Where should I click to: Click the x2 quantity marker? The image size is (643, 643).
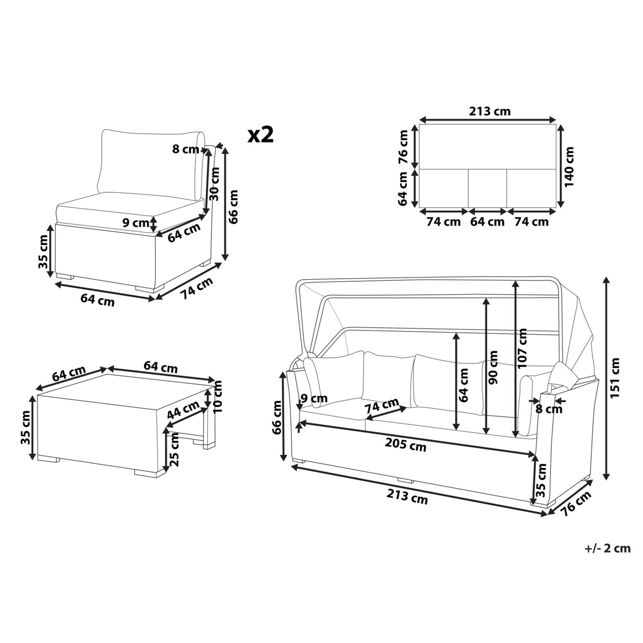point(260,135)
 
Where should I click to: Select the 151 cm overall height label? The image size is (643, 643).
point(615,377)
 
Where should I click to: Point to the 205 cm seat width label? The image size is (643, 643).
point(406,444)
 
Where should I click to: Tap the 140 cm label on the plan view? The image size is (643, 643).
point(568,167)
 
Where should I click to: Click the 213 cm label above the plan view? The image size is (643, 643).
point(490,111)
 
